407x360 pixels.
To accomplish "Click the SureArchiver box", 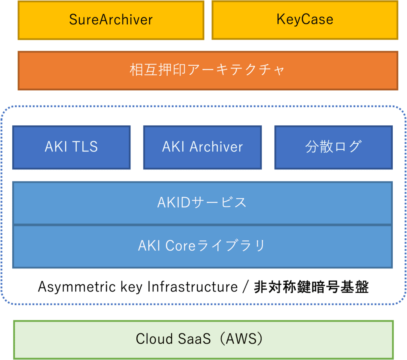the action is (111, 20).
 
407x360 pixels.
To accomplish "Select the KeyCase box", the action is (305, 20).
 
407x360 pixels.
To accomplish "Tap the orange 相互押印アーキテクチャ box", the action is (207, 71).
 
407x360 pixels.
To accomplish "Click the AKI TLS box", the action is (72, 147).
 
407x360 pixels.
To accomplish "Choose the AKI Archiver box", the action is (202, 147).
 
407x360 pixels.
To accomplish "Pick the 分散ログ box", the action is (333, 147).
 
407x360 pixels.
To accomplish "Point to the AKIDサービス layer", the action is (202, 203).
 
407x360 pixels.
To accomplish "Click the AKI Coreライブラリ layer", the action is (202, 246).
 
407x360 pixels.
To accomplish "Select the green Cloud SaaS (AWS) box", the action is (203, 340).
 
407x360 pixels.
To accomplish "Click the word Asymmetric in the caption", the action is (77, 287).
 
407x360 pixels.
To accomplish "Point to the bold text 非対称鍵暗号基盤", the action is (311, 287).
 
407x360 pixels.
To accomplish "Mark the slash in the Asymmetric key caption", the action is (246, 287).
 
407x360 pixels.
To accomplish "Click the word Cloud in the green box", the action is (154, 339).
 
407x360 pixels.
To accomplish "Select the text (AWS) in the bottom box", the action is (241, 339).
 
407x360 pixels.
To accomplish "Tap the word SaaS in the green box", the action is (194, 339).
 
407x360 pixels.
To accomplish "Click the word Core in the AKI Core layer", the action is (180, 245).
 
